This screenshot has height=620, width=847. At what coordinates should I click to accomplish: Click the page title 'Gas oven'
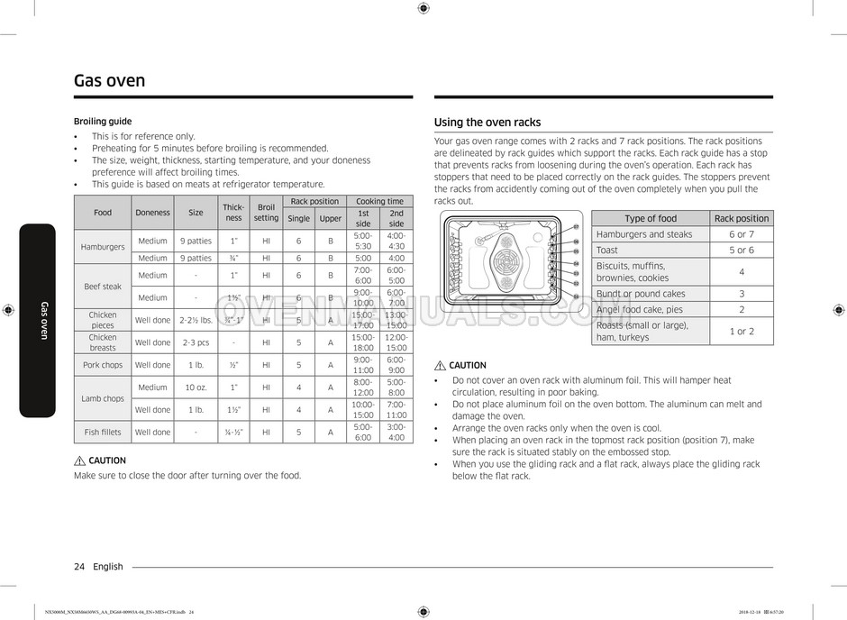[109, 81]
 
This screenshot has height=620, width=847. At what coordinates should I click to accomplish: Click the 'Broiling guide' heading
[102, 122]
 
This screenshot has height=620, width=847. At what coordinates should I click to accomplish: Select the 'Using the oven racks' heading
[487, 123]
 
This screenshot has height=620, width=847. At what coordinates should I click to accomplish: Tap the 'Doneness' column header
[152, 213]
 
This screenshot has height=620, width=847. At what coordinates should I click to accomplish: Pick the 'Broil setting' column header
[266, 213]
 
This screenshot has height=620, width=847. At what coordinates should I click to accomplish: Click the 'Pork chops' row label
[103, 365]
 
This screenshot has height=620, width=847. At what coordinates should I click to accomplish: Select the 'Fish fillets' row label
[103, 432]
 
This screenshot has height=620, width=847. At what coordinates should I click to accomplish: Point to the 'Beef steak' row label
[103, 287]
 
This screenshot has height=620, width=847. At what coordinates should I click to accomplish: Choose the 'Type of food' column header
[651, 218]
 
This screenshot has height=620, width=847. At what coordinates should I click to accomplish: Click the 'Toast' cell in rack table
[607, 250]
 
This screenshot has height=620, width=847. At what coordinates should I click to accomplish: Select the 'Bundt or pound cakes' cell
[641, 294]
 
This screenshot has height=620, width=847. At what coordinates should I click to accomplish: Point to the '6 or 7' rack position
[742, 234]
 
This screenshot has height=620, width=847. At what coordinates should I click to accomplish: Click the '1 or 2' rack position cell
[742, 331]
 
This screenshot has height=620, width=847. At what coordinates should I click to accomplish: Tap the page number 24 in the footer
[79, 567]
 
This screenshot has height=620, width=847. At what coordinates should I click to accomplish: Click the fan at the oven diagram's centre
[505, 262]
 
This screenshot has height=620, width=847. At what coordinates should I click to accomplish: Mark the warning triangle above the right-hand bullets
[440, 366]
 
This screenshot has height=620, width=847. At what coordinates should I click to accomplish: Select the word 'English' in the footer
[108, 567]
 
